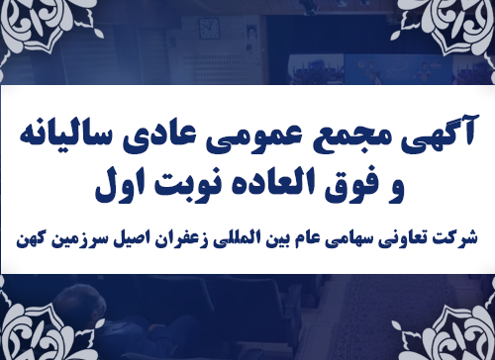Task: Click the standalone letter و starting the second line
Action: pyautogui.click(x=387, y=184)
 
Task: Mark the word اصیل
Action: pyautogui.click(x=139, y=237)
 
